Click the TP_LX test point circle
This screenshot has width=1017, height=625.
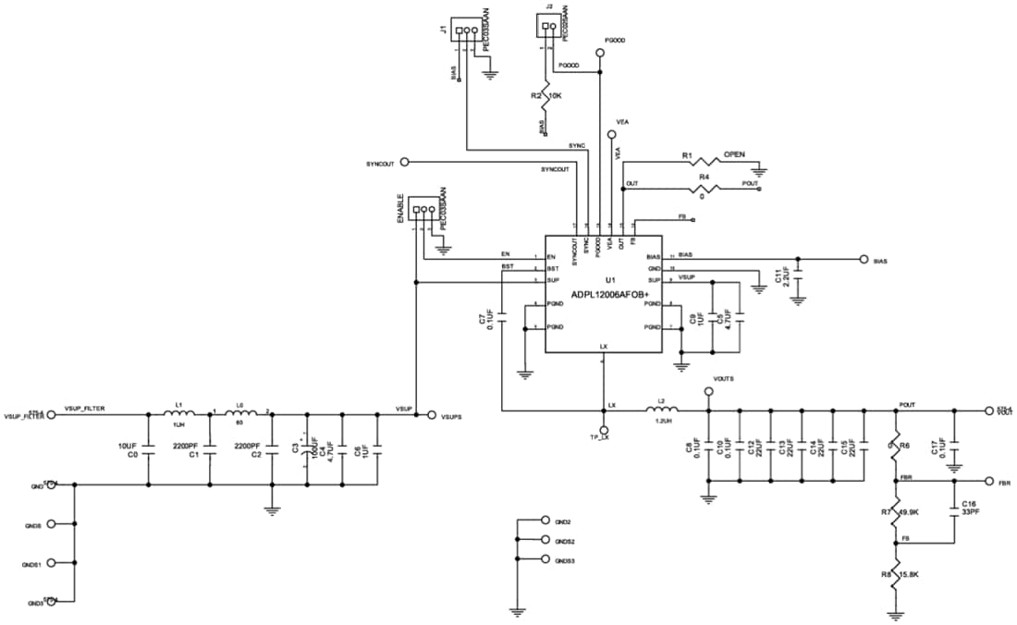pyautogui.click(x=603, y=430)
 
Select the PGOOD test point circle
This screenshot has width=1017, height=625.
pyautogui.click(x=601, y=54)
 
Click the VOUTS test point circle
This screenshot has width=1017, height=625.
pyautogui.click(x=709, y=392)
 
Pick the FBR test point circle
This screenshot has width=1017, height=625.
pyautogui.click(x=988, y=482)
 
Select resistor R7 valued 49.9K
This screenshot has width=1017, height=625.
pyautogui.click(x=895, y=510)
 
